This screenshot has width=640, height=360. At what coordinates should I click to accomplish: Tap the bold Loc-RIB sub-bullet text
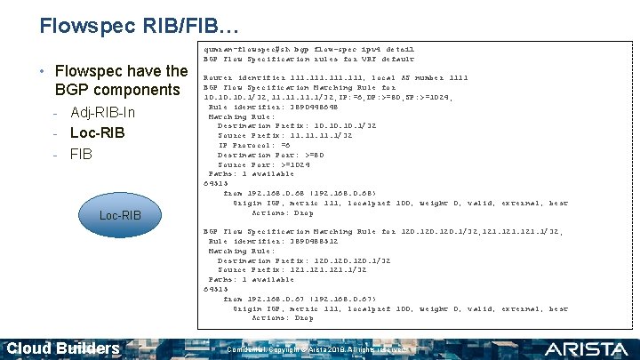click(97, 133)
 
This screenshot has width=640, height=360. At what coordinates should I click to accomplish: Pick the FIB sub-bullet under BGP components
click(81, 154)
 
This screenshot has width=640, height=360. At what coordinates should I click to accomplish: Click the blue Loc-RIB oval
click(120, 215)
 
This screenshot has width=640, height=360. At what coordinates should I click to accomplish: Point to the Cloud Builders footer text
click(64, 348)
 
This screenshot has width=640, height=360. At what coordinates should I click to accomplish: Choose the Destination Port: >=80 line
click(268, 155)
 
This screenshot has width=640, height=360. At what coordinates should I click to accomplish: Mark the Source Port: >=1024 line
click(264, 164)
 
